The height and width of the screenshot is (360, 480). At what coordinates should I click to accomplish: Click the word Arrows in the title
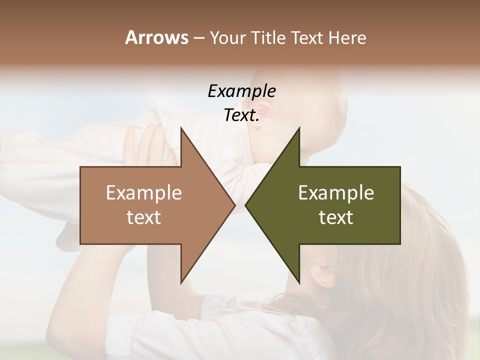156,37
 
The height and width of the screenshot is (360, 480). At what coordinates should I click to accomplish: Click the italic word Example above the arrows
241,91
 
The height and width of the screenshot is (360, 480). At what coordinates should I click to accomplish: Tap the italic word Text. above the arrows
241,115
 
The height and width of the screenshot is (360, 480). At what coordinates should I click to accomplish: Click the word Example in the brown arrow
144,192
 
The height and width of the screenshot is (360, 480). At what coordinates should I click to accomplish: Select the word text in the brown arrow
144,217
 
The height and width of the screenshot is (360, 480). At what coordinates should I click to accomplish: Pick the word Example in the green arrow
336,192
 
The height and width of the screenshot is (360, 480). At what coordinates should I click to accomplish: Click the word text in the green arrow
336,217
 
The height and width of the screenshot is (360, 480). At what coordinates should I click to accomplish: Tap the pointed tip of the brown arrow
234,205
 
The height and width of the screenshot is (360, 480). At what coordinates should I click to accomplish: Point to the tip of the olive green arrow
245,205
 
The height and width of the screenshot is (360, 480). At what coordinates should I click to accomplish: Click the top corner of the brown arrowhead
181,128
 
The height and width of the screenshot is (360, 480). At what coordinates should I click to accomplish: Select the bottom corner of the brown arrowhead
181,282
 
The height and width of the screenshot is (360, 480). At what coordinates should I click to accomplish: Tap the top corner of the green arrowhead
299,128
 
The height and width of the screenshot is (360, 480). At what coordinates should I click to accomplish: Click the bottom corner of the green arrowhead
299,282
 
